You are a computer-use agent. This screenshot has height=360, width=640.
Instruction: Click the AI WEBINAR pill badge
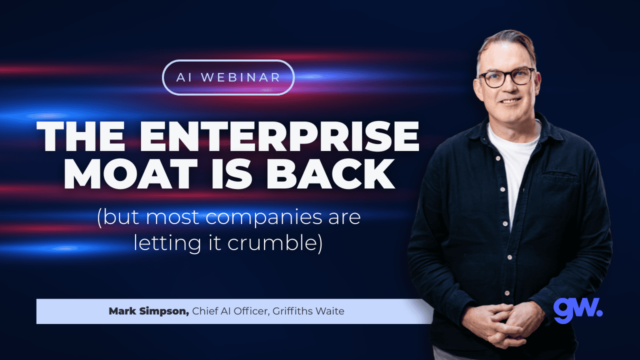coord(228,77)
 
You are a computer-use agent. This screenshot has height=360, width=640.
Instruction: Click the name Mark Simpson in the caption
coord(148,311)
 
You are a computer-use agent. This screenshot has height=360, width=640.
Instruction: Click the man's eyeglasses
coord(506,77)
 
